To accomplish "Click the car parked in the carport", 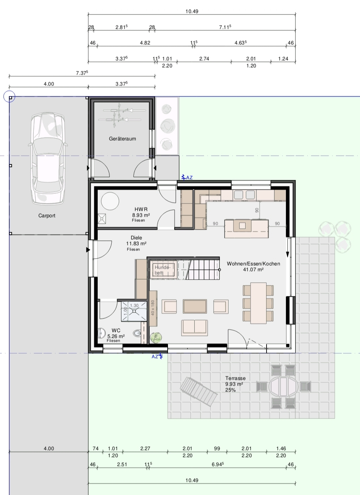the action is click(48, 158).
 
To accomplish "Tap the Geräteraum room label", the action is click(122, 139).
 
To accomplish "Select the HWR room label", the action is click(141, 209).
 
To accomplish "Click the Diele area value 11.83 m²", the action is click(136, 243).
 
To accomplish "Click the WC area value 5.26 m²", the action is click(116, 336).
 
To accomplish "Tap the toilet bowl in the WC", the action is click(137, 333).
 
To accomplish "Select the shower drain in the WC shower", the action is click(134, 311).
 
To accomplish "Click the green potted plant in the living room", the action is click(156, 338).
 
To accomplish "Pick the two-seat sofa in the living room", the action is click(194, 328).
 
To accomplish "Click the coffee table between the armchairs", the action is click(195, 306).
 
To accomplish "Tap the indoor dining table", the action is click(258, 303).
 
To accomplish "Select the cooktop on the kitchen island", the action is click(242, 226).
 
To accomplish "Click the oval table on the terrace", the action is click(283, 387).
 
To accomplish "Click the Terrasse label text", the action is click(235, 378).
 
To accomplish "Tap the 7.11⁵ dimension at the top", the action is click(225, 27).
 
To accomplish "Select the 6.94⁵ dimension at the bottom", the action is click(218, 464).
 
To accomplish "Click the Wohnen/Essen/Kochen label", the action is click(253, 264).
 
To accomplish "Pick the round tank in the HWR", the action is click(110, 201).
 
